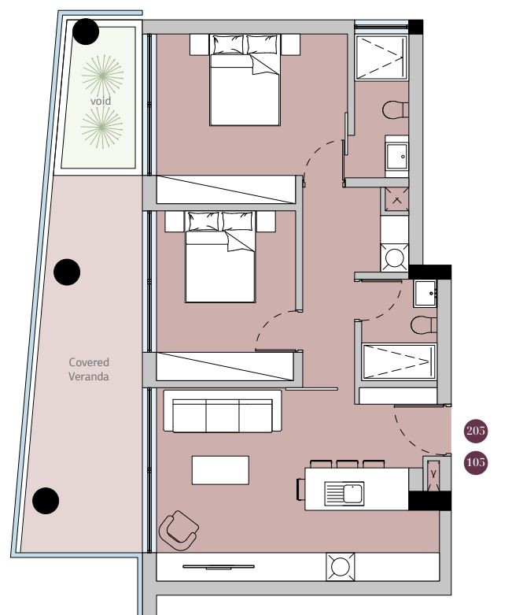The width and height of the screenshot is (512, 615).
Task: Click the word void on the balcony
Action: (x=101, y=102)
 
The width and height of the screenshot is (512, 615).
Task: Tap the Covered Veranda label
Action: (x=89, y=369)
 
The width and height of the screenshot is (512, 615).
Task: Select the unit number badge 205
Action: (x=476, y=431)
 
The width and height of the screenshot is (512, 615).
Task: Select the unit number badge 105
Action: (x=476, y=462)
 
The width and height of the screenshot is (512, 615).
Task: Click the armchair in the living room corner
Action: (x=179, y=530)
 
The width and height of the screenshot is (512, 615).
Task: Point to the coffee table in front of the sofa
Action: (x=220, y=470)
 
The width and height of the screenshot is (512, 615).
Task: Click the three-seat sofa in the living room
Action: (x=223, y=411)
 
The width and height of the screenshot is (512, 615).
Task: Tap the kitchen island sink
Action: (x=344, y=494)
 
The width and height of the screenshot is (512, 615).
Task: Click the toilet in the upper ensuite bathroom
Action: (x=396, y=109)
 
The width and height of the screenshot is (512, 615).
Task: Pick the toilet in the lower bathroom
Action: (x=423, y=325)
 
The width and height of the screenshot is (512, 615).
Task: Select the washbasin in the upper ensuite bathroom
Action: (x=396, y=156)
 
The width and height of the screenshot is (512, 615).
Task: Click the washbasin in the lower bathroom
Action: (x=425, y=294)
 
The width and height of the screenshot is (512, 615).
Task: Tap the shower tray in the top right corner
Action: (x=381, y=58)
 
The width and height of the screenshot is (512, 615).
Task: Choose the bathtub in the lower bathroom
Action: (x=400, y=361)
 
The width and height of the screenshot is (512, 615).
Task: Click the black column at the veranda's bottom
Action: (x=46, y=501)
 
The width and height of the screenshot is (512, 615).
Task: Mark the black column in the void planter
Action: (x=86, y=31)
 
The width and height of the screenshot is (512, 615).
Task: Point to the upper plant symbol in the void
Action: (x=102, y=76)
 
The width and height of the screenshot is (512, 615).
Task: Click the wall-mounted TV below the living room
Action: (x=219, y=567)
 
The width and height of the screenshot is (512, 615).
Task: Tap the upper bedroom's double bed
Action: (x=245, y=80)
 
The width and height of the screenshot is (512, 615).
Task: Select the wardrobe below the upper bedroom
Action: (x=226, y=190)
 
